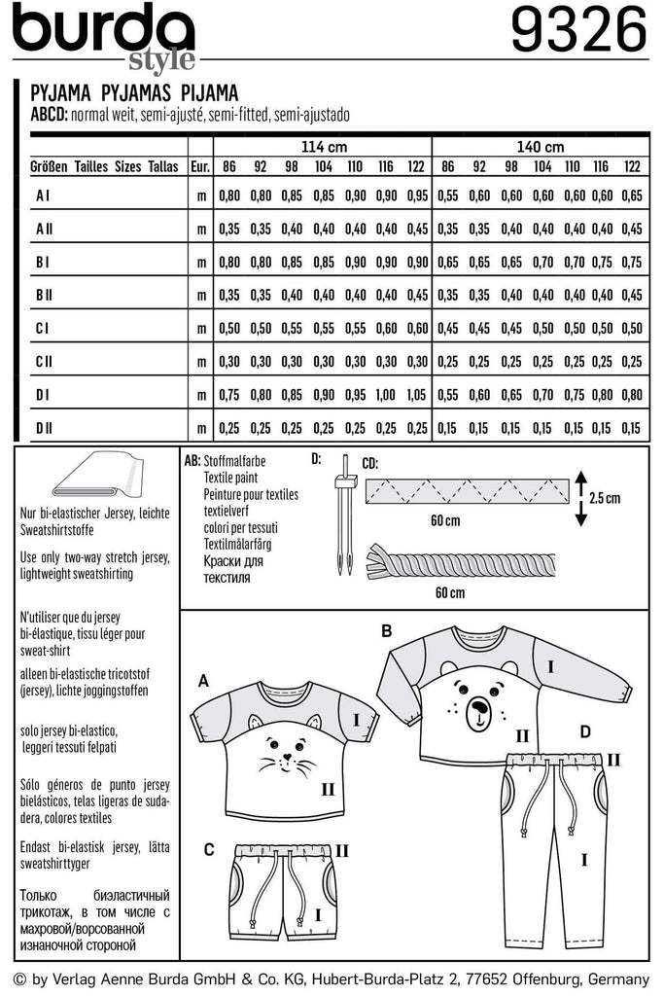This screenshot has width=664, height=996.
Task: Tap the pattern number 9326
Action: point(577,32)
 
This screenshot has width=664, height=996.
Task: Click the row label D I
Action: point(43,394)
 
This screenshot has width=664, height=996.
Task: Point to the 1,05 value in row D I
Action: point(417,395)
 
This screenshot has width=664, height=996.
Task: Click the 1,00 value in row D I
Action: point(386,395)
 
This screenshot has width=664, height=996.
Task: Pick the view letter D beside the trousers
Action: point(584,729)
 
